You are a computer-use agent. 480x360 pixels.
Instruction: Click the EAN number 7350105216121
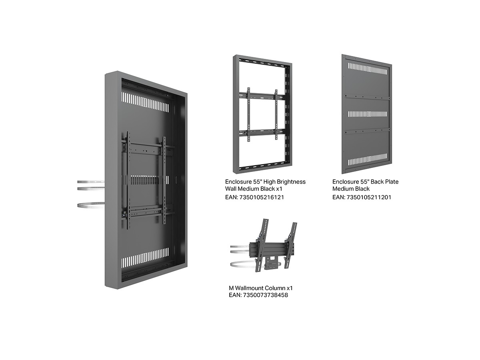[x=262, y=197]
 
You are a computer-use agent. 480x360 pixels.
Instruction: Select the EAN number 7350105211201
[x=369, y=197]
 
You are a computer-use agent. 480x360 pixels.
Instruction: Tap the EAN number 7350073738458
[x=266, y=295]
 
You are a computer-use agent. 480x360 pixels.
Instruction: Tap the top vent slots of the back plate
[x=367, y=69]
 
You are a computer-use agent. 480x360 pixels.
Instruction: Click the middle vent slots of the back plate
[x=367, y=114]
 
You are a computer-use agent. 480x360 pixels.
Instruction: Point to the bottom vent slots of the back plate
[x=367, y=159]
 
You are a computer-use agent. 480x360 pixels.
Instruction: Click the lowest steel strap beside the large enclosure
[x=91, y=205]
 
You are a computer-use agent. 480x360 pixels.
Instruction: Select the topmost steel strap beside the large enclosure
[x=91, y=182]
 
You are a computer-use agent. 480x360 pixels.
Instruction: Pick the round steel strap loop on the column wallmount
[x=243, y=264]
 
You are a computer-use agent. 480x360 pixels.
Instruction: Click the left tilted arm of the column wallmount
[x=261, y=245]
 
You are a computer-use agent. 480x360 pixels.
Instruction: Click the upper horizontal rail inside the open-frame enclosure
[x=262, y=96]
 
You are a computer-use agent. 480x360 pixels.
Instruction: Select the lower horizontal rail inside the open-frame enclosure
[x=262, y=132]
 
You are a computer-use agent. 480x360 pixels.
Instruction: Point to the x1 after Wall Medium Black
[x=279, y=189]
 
